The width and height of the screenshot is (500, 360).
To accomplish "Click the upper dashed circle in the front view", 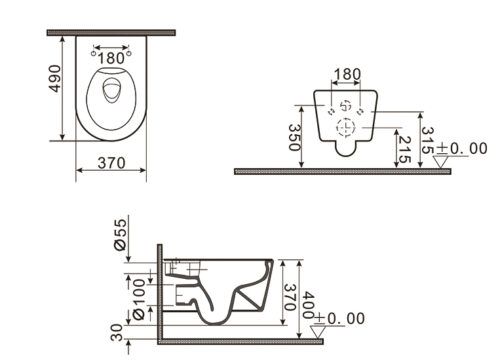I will point(346,106).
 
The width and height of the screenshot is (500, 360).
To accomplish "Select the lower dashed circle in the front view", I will point(346,127).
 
